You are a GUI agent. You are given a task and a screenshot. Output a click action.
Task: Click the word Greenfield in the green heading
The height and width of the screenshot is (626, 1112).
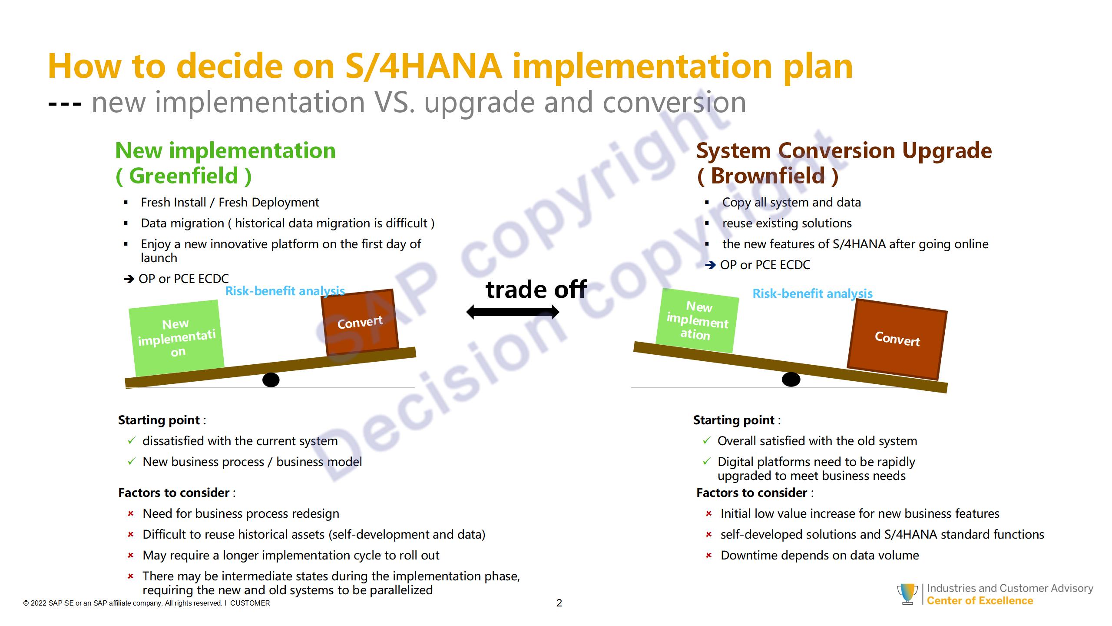[x=184, y=176]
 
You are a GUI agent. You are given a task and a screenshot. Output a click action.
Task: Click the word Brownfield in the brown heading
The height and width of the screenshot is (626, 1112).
[x=768, y=176]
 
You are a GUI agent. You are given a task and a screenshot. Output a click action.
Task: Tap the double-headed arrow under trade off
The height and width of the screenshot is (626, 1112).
[x=513, y=312]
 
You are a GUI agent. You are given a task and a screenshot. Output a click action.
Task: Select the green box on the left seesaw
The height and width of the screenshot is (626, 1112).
[x=176, y=338]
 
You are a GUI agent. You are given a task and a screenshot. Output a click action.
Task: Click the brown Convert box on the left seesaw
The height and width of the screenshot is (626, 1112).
[x=360, y=322]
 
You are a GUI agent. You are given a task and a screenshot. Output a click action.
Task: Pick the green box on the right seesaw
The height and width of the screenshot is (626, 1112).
[x=697, y=321]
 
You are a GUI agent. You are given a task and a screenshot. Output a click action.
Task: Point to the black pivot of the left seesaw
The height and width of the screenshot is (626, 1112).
[x=271, y=380]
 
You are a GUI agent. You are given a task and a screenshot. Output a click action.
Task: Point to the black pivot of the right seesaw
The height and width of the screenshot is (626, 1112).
[x=791, y=379]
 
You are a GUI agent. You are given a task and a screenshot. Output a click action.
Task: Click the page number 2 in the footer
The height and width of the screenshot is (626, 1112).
[x=559, y=603]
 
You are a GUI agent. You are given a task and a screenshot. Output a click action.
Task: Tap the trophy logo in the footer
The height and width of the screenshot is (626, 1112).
[x=907, y=594]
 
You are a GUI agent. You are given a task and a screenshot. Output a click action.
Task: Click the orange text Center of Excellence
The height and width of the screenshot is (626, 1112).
[x=980, y=601]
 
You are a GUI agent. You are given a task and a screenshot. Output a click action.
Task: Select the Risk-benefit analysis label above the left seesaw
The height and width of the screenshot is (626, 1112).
[x=285, y=291]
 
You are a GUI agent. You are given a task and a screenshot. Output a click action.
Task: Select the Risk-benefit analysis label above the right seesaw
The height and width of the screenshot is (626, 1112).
[x=812, y=293]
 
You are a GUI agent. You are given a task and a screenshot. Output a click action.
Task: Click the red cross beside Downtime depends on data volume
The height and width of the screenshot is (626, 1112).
[x=709, y=556]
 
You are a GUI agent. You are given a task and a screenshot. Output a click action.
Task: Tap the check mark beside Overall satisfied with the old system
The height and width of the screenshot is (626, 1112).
[x=707, y=441]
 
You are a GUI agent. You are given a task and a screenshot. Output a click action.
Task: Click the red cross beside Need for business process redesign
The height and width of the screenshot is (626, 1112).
[x=131, y=514]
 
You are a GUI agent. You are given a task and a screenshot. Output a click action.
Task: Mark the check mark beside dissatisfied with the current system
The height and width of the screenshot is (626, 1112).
[x=132, y=441]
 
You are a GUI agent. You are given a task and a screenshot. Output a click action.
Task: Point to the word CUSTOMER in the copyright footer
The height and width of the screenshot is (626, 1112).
[x=250, y=603]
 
